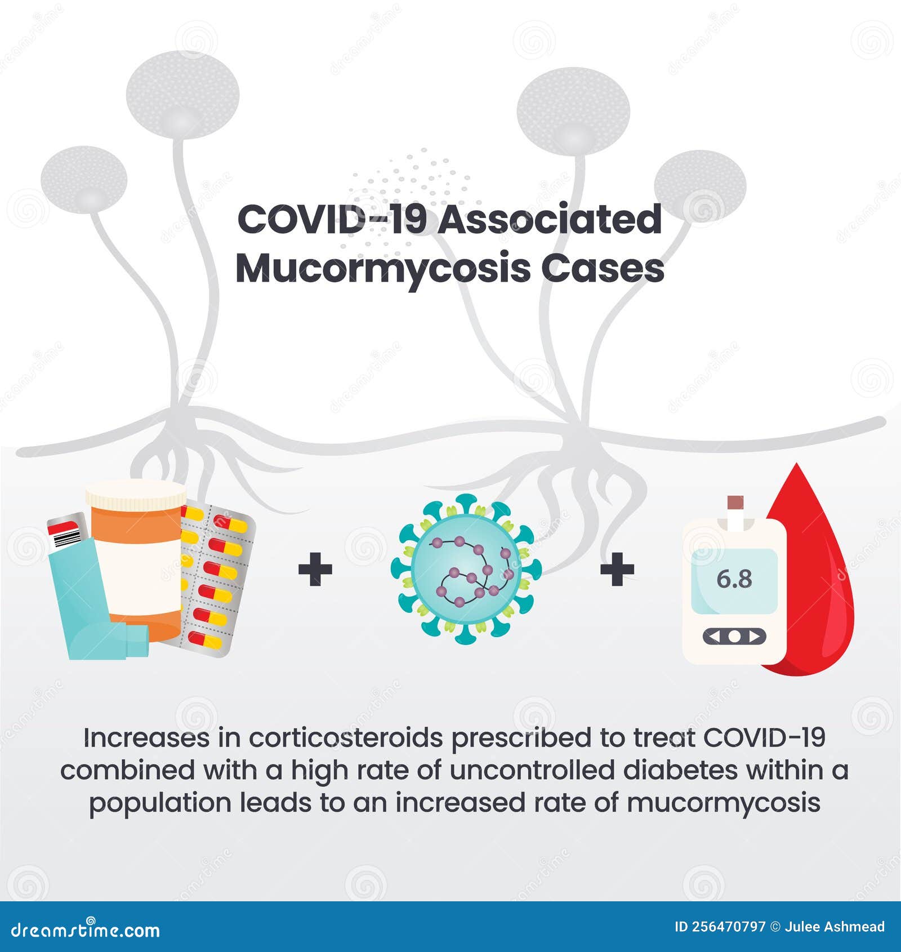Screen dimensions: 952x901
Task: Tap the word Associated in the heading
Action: [x=550, y=219]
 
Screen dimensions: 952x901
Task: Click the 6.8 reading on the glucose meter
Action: [x=734, y=579]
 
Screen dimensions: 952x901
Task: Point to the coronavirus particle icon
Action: [x=466, y=569]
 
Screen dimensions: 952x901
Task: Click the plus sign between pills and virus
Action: [x=315, y=569]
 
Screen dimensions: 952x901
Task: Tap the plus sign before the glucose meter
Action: [x=617, y=569]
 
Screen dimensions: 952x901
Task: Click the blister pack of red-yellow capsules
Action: [x=217, y=580]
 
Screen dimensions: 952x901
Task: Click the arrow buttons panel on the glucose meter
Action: [x=734, y=637]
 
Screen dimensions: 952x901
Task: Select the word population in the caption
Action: [x=160, y=803]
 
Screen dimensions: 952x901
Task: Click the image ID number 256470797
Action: [x=728, y=927]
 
